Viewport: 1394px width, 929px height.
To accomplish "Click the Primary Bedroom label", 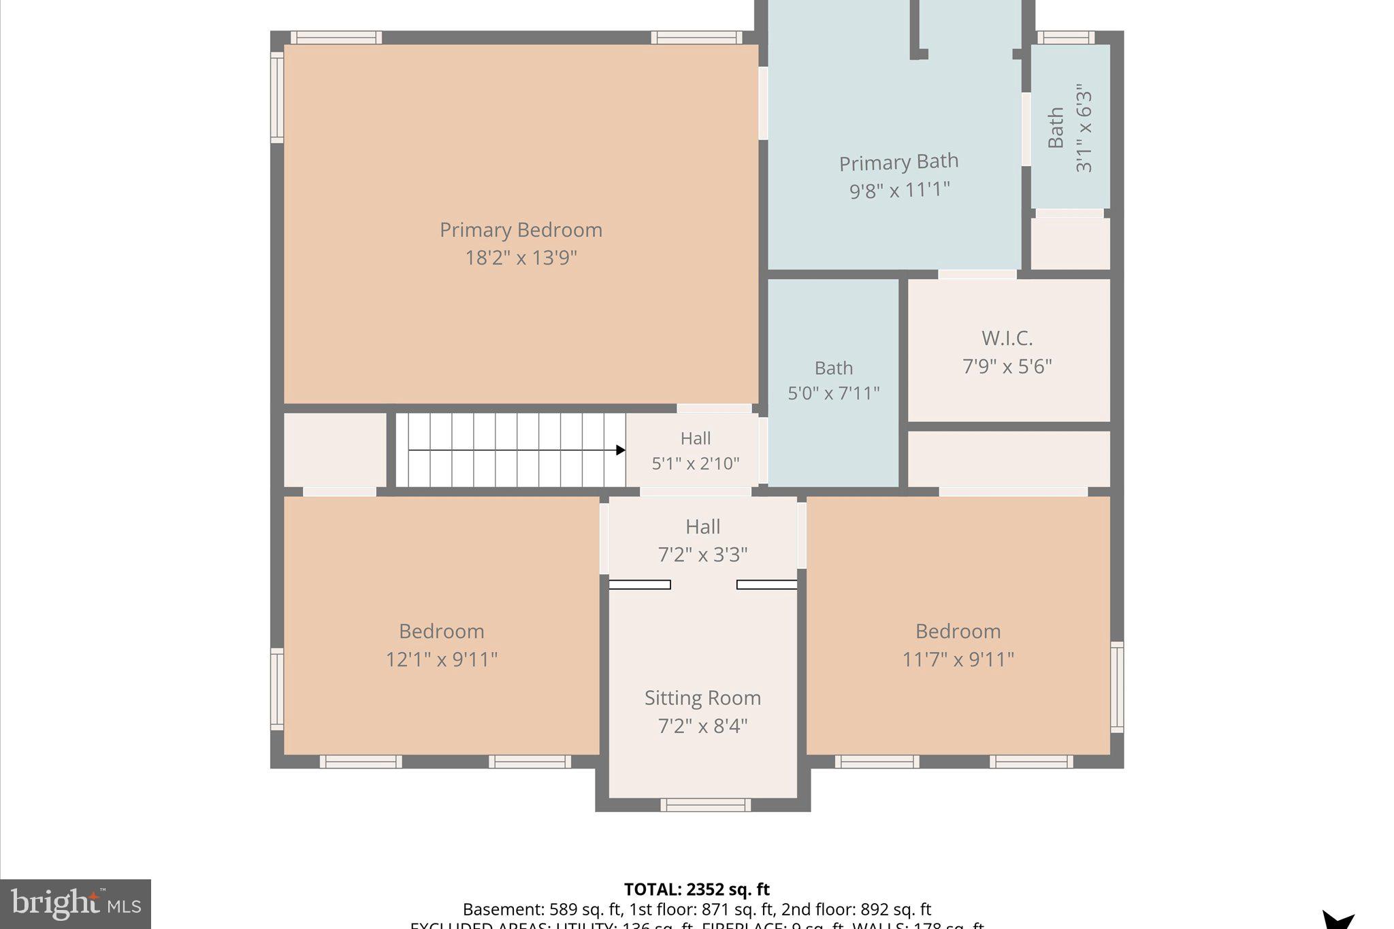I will click(x=521, y=230).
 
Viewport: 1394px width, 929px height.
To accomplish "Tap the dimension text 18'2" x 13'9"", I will click(x=521, y=258).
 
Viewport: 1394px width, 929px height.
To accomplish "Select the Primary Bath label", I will click(x=898, y=163).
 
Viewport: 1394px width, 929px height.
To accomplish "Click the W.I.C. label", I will click(x=1007, y=338).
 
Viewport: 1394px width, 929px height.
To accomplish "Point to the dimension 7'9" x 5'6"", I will click(x=1007, y=366).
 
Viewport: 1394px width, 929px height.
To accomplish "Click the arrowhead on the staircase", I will click(x=620, y=450).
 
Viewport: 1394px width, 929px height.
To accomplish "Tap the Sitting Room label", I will click(x=702, y=698).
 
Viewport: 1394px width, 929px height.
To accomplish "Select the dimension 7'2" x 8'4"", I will click(x=702, y=726).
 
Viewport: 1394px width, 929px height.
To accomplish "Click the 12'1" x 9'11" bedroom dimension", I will click(x=442, y=659).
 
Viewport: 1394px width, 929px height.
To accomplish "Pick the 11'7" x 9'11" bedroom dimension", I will click(x=958, y=659).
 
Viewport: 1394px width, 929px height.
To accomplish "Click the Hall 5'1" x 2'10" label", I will click(x=696, y=438).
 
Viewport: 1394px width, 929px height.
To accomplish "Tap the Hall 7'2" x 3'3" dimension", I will click(x=702, y=555).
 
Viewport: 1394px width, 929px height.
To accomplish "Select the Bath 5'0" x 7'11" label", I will click(x=833, y=368).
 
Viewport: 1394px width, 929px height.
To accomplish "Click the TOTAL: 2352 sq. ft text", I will click(x=696, y=889).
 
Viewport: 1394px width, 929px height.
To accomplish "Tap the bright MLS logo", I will click(x=75, y=904).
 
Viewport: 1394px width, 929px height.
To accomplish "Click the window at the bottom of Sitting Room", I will click(x=705, y=805).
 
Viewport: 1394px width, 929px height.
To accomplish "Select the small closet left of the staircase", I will click(x=335, y=449).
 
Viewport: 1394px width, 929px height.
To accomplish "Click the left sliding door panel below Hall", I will click(x=639, y=585).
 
